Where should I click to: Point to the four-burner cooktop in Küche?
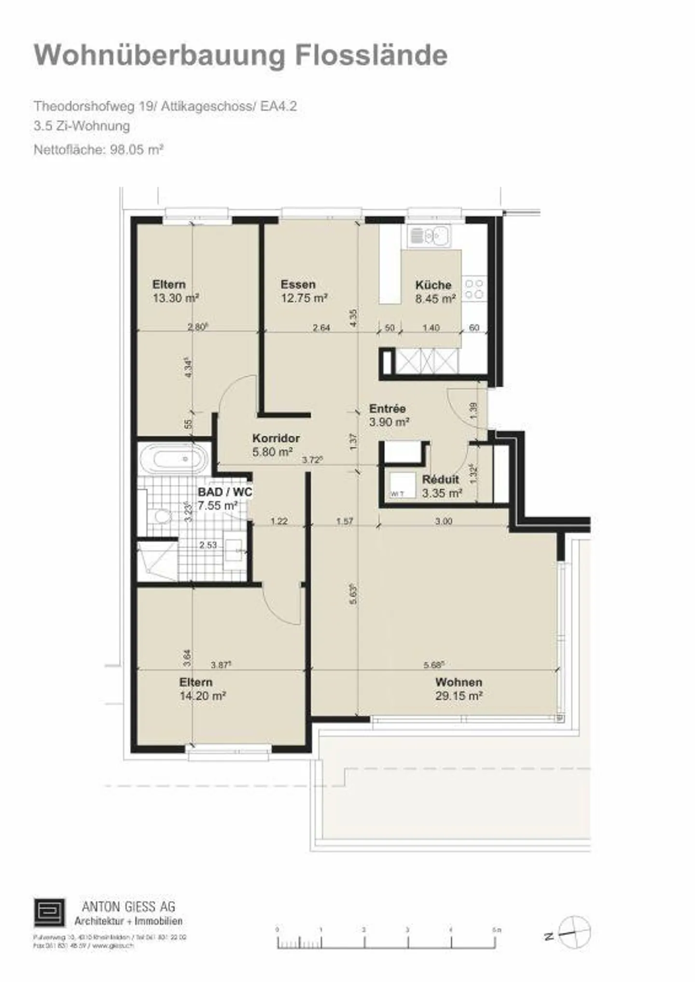474,288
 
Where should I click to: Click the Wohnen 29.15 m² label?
459,689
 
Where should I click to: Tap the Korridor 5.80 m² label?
276,445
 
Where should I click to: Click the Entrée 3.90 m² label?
389,415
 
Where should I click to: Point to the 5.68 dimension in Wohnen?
433,665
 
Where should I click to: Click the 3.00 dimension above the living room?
444,521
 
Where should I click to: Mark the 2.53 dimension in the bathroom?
208,545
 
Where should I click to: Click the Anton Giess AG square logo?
49,912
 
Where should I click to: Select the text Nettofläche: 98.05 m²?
98,150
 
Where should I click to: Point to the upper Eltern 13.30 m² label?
175,291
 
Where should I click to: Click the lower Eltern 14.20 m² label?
202,689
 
